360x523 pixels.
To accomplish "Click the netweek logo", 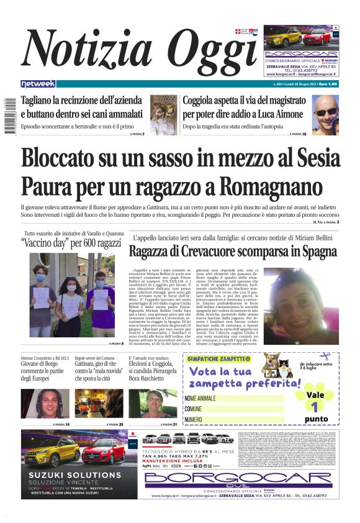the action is click(38, 83).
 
